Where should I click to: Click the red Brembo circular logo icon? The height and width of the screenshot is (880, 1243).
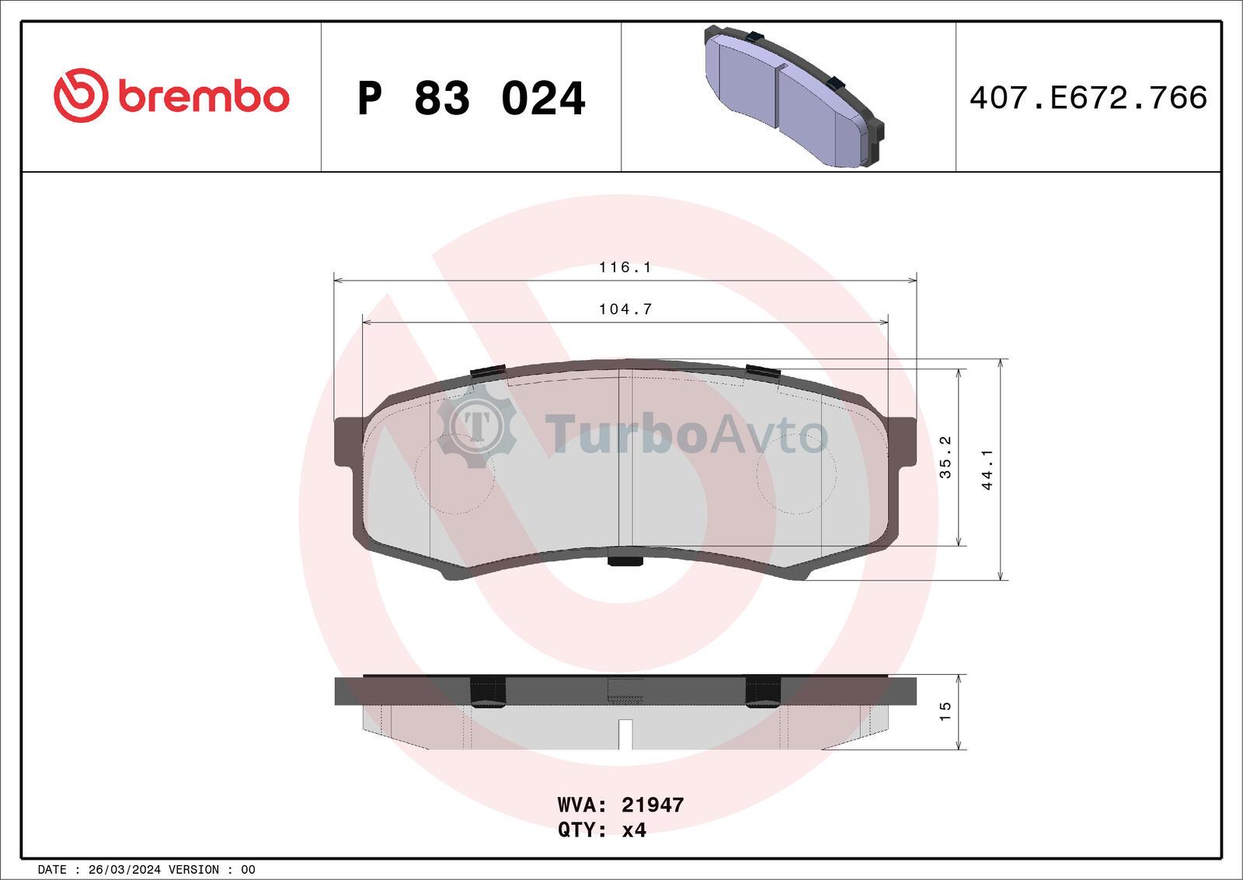pyautogui.click(x=81, y=95)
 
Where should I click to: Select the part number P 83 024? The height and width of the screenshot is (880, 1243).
pyautogui.click(x=471, y=98)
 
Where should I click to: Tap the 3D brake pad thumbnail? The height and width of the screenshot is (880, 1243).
pyautogui.click(x=793, y=96)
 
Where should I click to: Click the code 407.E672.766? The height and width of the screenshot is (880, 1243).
pyautogui.click(x=1088, y=98)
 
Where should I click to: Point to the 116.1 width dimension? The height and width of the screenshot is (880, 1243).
pyautogui.click(x=625, y=267)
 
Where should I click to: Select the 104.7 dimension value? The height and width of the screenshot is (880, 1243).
pyautogui.click(x=625, y=309)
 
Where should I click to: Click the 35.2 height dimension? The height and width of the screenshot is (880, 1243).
pyautogui.click(x=945, y=457)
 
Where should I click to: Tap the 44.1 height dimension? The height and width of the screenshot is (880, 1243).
pyautogui.click(x=987, y=470)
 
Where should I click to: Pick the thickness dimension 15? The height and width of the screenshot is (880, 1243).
pyautogui.click(x=945, y=711)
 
